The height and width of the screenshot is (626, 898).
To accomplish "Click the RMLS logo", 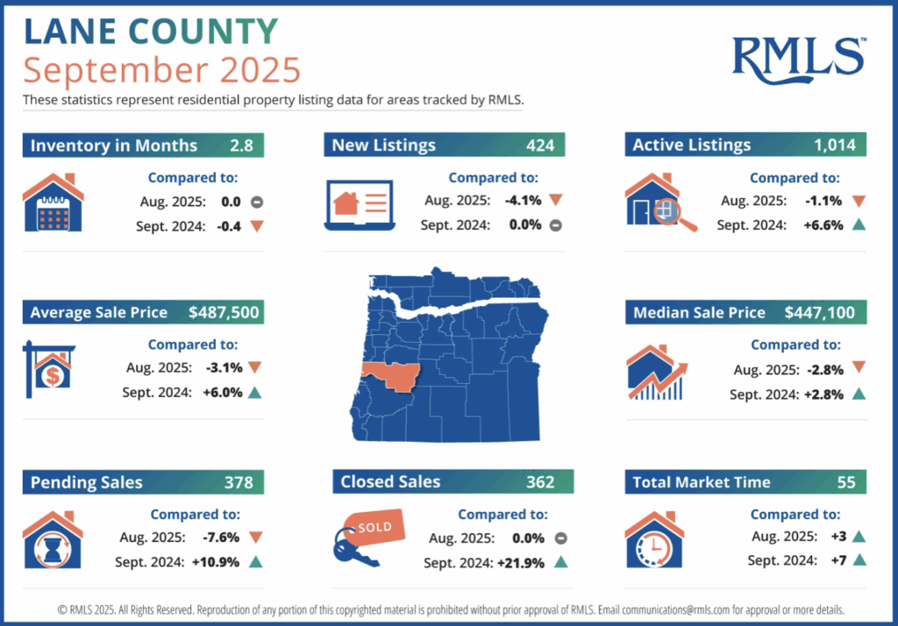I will [x=798, y=57].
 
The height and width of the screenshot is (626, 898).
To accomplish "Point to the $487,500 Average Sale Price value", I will [x=224, y=312].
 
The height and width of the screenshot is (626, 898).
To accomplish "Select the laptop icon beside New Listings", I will [x=357, y=205].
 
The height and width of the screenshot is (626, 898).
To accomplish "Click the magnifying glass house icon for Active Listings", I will [x=660, y=203].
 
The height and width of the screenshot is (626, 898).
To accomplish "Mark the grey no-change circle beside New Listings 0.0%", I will [x=555, y=224].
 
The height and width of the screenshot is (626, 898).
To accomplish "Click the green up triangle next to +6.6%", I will [x=859, y=224].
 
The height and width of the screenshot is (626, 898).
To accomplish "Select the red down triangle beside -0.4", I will [x=256, y=224].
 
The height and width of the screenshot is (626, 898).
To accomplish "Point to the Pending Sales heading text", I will [x=86, y=482].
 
